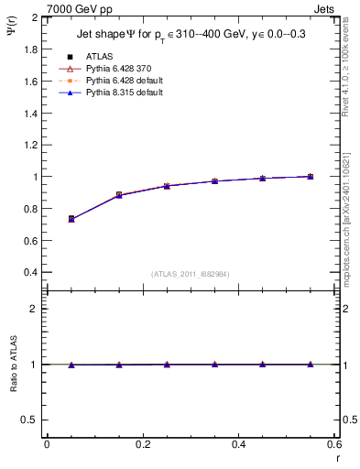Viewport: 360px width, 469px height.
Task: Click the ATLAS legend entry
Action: tap(100, 57)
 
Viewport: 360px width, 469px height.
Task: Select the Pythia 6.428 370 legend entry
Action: tap(115, 69)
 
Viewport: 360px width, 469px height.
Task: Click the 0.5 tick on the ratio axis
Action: tap(30, 420)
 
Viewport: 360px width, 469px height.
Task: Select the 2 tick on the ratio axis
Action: tap(35, 309)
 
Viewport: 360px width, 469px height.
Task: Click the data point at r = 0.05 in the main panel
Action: tap(71, 219)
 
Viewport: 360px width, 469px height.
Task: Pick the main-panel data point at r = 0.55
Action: tap(311, 176)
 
